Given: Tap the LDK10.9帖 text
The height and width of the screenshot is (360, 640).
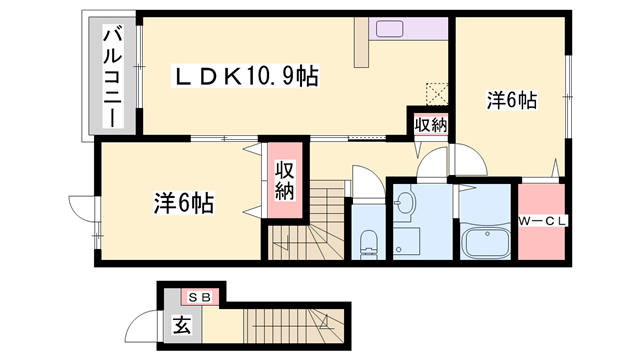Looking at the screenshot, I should coord(246,76).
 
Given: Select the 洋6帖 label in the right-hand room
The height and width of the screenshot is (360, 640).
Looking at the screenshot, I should coord(512,100).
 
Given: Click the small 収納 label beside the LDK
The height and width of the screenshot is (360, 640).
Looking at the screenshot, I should coord(431,124).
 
